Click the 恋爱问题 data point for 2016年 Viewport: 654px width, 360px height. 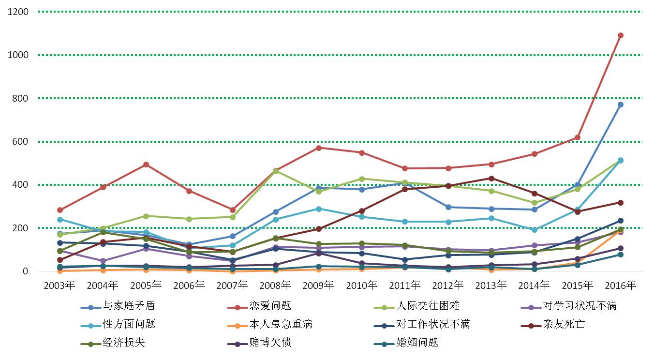tap(621, 35)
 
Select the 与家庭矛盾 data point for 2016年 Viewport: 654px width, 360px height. tap(621, 105)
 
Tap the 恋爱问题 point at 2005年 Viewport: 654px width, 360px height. tap(146, 165)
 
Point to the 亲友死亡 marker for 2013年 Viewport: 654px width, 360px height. tap(491, 178)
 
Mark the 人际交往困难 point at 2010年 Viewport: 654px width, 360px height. tap(362, 179)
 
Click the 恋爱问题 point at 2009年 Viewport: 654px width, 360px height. tap(319, 148)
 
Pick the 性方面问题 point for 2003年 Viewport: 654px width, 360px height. tap(59, 220)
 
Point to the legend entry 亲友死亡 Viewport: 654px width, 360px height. tap(564, 324)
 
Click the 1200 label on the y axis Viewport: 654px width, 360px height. tap(18, 12)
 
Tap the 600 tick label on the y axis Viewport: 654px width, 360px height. tap(21, 142)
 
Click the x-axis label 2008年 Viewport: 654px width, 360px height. tap(275, 285)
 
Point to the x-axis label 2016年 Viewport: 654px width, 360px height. tap(621, 285)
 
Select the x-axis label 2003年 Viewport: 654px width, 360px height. tap(59, 285)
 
